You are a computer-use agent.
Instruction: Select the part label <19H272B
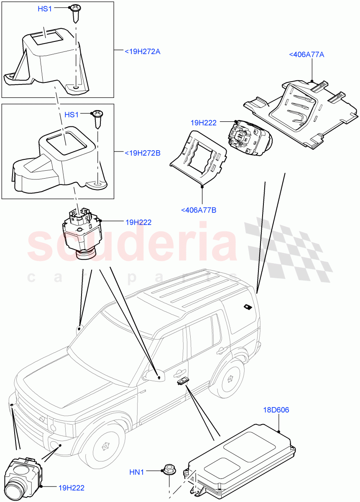pos(143,153)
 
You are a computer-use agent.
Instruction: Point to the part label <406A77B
pos(199,210)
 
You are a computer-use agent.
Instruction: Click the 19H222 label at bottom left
pos(72,487)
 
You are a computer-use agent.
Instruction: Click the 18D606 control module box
pos(243,458)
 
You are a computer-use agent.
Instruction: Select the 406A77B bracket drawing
pos(198,159)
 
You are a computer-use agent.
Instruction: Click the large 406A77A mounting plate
pos(301,111)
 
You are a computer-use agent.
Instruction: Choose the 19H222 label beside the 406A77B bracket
pos(203,123)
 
